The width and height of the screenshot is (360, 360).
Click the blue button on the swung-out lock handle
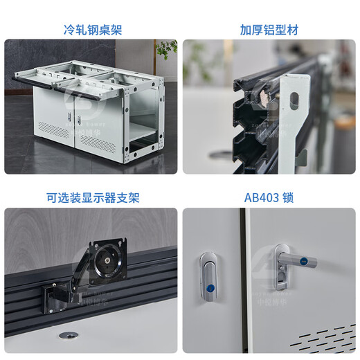coord(305,261)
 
